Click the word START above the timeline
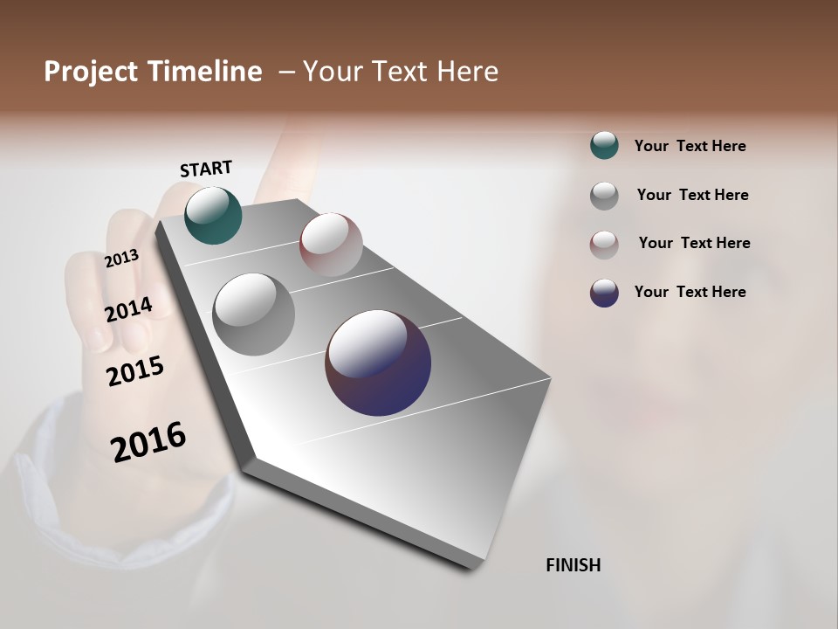tap(206, 169)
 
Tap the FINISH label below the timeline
tap(573, 565)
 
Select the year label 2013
tap(121, 259)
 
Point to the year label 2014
tap(127, 310)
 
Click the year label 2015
tap(135, 371)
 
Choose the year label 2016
tap(148, 441)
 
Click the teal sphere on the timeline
tap(213, 216)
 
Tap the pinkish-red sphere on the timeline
tap(331, 245)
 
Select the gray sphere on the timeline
tap(254, 314)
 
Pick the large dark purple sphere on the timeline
tap(378, 363)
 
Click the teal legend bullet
tap(604, 145)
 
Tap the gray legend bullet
tap(604, 196)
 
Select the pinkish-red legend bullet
tap(604, 245)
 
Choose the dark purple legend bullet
tap(604, 293)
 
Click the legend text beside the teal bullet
tap(690, 146)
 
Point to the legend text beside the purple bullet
tap(690, 292)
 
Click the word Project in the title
tap(90, 72)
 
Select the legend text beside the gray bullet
tap(692, 195)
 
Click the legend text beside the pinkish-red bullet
tap(694, 243)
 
